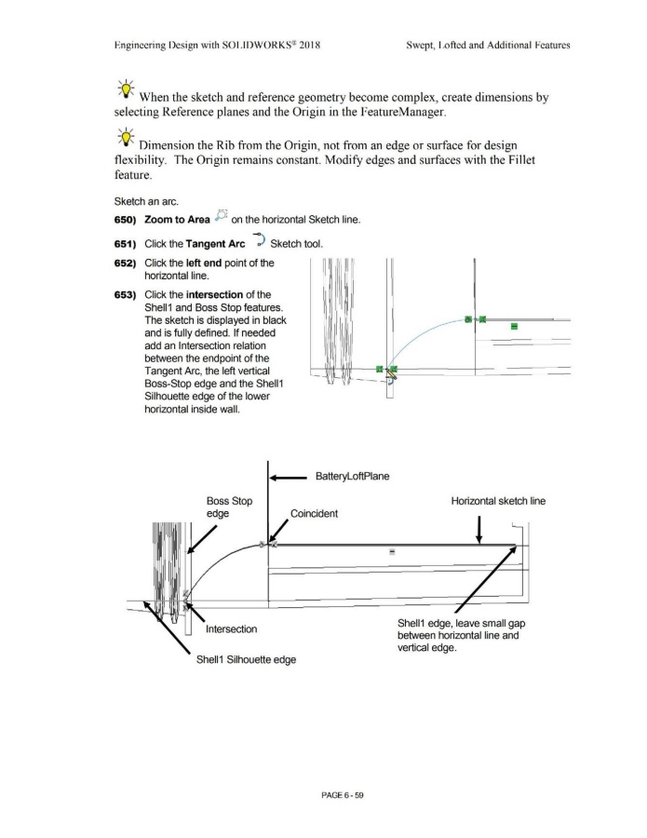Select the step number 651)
pyautogui.click(x=127, y=244)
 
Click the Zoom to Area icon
pyautogui.click(x=222, y=216)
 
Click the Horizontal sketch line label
pyautogui.click(x=497, y=501)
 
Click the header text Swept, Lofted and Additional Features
pyautogui.click(x=489, y=44)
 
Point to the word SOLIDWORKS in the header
pyautogui.click(x=244, y=44)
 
